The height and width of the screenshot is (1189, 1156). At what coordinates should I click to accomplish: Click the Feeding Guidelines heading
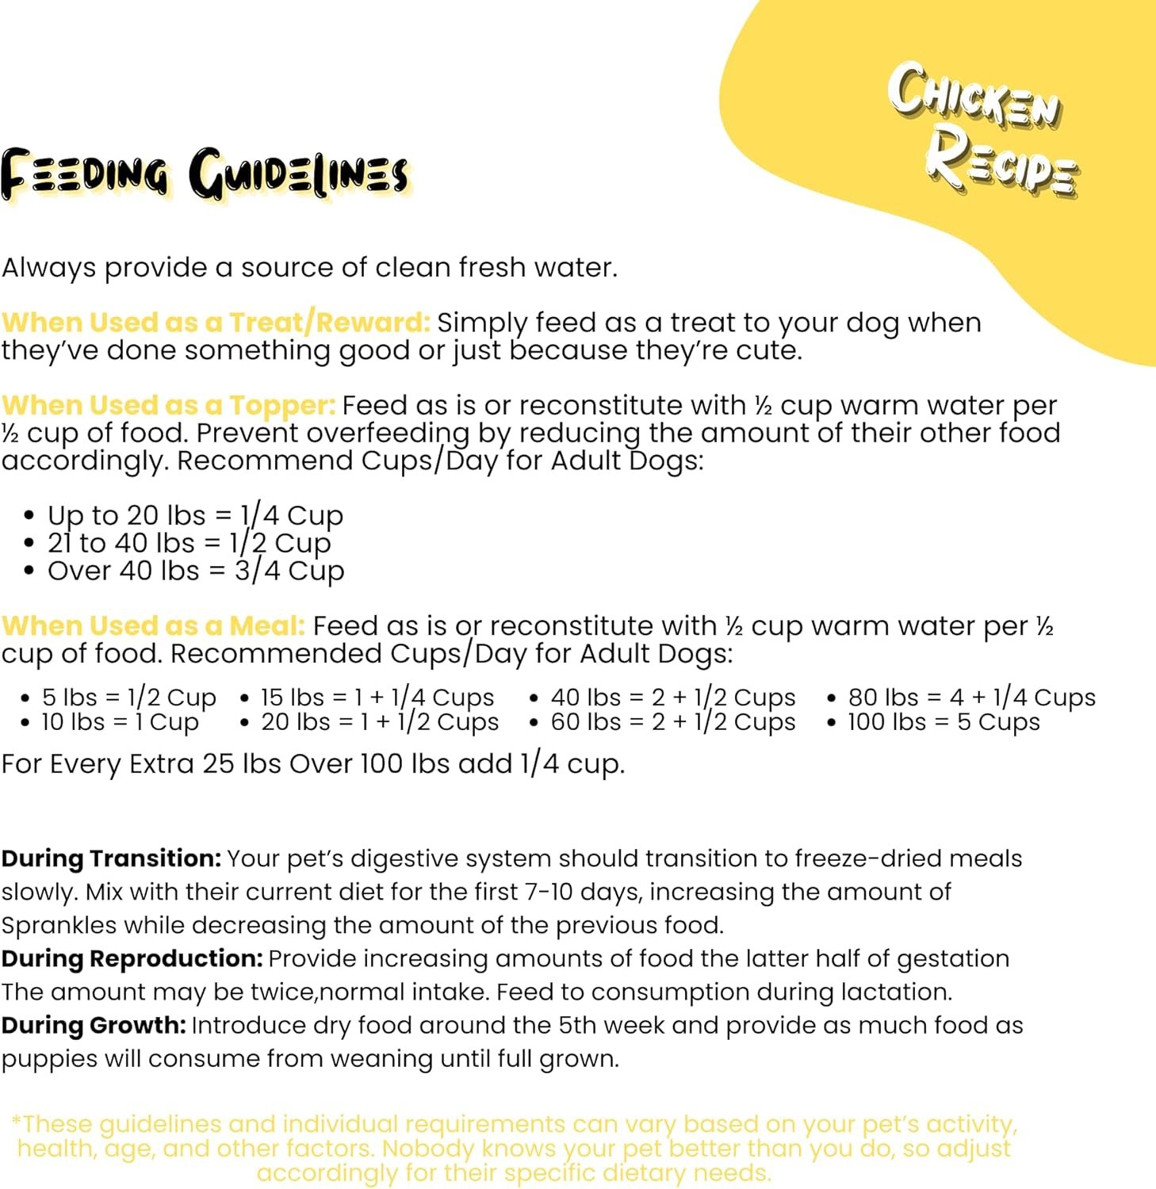click(x=205, y=174)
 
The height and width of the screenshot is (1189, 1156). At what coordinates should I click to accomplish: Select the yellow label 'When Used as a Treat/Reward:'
click(x=216, y=323)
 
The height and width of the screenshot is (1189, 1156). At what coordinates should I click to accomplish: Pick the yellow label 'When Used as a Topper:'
click(x=168, y=405)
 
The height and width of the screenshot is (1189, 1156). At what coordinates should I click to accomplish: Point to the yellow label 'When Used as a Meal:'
click(x=153, y=625)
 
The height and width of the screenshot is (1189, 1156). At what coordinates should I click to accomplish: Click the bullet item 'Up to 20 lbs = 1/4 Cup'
click(x=195, y=515)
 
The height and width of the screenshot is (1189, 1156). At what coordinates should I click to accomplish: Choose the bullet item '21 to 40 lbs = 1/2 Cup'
click(x=189, y=543)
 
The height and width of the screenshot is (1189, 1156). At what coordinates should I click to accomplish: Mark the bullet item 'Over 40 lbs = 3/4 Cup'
click(x=196, y=571)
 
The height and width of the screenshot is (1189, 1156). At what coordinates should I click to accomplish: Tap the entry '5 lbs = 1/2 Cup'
click(x=128, y=698)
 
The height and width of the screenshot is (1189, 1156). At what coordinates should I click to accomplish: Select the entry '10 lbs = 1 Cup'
click(x=120, y=722)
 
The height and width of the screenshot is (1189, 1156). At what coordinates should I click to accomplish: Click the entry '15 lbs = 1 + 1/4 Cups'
click(x=377, y=698)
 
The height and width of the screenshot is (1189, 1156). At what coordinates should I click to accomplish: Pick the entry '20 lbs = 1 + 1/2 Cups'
click(x=380, y=722)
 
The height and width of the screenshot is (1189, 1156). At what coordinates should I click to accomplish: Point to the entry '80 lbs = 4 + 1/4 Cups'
click(x=971, y=698)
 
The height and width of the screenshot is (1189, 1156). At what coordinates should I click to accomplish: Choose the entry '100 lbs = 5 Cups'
click(x=944, y=722)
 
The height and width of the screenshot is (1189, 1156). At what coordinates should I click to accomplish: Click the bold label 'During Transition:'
click(x=111, y=858)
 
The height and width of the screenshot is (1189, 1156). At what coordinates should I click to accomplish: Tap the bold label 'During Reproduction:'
click(x=132, y=958)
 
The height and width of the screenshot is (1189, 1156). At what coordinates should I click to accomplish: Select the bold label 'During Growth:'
click(x=94, y=1025)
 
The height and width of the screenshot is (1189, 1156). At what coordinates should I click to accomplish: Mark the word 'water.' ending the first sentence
click(x=576, y=268)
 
